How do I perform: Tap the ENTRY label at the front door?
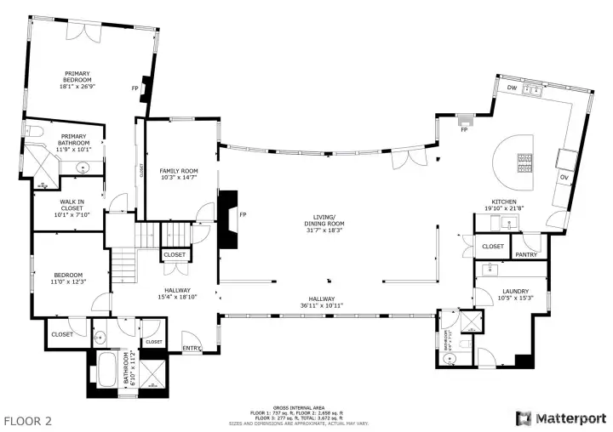pos(192,347)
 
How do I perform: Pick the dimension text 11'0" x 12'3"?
pos(69,281)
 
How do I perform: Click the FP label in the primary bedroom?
pos(135,88)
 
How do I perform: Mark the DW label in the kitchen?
pos(512,88)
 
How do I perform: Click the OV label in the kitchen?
pos(564,177)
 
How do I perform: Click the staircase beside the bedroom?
pos(126,264)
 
